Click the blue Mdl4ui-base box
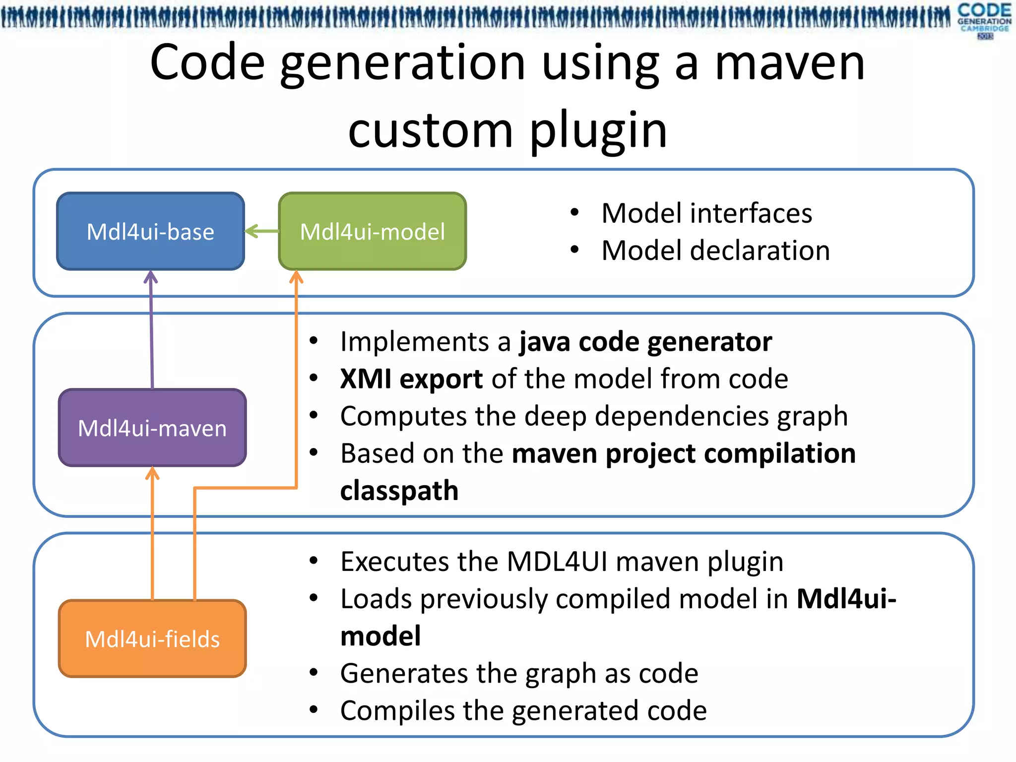tap(150, 231)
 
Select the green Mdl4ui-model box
tap(372, 231)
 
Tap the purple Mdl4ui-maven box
tap(152, 428)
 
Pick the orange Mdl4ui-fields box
tap(152, 638)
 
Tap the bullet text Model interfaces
tap(706, 213)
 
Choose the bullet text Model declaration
tap(715, 251)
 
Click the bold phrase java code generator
tap(645, 342)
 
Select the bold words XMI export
tap(411, 379)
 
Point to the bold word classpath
tap(399, 491)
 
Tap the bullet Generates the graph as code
tap(519, 674)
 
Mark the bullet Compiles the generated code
tap(523, 710)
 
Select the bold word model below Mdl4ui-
tap(381, 636)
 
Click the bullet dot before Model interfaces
tap(574, 213)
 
